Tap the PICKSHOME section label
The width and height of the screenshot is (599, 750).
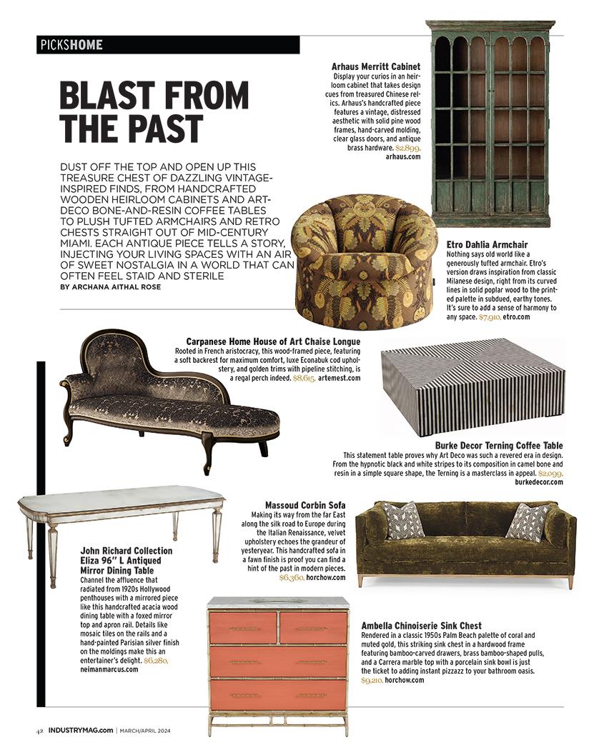click(71, 45)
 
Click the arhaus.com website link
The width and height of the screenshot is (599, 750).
click(403, 156)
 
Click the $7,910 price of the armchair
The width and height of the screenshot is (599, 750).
click(490, 316)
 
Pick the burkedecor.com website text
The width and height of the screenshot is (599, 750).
click(538, 482)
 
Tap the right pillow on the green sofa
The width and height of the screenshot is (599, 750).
click(528, 522)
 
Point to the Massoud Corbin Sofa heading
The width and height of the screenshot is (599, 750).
click(305, 504)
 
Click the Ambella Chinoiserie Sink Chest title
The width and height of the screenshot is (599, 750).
click(421, 626)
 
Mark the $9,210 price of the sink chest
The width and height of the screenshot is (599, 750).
click(372, 681)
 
